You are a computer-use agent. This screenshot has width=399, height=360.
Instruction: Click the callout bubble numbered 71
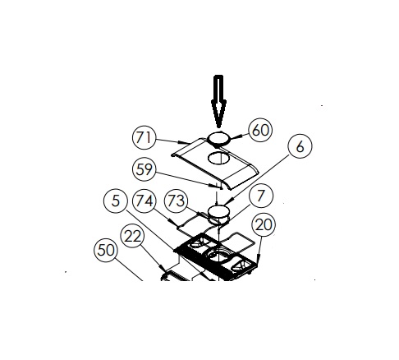[x=144, y=137]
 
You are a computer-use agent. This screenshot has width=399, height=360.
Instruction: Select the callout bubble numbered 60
[x=260, y=130]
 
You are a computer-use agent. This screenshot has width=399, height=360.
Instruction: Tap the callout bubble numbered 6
[x=300, y=146]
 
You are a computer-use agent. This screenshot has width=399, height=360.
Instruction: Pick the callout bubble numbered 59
[x=144, y=169]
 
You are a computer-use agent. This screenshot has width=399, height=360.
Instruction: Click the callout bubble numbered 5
[x=116, y=201]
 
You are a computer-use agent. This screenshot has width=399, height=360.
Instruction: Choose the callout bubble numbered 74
[x=144, y=201]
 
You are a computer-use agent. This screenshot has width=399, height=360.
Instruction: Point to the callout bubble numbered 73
[x=176, y=201]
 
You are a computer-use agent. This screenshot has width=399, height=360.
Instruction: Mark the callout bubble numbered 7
[x=261, y=196]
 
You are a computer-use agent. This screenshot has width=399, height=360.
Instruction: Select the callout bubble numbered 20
[x=264, y=224]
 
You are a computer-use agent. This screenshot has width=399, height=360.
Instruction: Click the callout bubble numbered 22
[x=132, y=236]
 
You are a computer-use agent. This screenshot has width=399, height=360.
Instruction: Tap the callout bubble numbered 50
[x=106, y=250]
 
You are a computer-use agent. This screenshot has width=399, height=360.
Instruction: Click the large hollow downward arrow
[x=218, y=101]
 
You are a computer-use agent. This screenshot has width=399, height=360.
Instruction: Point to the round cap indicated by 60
[x=219, y=138]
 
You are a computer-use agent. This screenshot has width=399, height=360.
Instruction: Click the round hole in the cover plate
[x=218, y=158]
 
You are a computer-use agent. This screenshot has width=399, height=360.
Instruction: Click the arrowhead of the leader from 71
[x=184, y=142]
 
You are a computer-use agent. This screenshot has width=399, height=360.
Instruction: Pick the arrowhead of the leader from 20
[x=258, y=260]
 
